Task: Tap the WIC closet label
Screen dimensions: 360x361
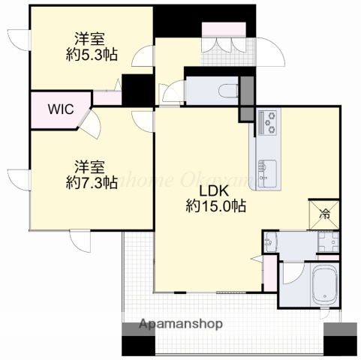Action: (x=61, y=109)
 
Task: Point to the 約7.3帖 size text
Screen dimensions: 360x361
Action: (x=92, y=181)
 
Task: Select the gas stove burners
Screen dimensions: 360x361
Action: (x=268, y=122)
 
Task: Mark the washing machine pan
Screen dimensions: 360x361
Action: (x=328, y=243)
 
